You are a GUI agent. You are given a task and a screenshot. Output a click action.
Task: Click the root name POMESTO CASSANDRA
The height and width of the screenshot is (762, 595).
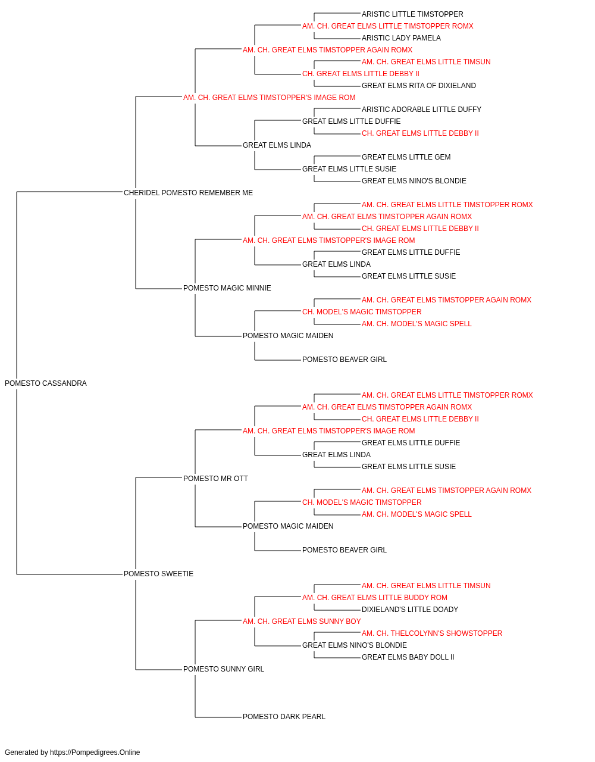46,383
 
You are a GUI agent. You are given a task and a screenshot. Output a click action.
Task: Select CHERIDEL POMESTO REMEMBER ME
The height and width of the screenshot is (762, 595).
188,193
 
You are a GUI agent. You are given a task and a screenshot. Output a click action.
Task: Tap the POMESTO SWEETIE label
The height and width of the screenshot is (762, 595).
158,574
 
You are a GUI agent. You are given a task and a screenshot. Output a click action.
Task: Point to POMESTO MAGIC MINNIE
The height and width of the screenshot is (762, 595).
227,288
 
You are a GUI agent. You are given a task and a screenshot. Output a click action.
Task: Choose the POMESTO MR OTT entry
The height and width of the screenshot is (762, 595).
215,479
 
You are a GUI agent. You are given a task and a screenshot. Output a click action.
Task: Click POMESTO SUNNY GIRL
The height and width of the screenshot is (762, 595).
224,669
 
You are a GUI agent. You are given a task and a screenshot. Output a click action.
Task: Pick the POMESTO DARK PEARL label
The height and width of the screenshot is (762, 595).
284,717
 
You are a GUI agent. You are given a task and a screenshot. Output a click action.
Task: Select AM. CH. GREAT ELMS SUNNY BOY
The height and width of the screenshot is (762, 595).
302,622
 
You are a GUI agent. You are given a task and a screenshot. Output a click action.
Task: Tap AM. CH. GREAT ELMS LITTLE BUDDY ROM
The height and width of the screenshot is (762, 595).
375,598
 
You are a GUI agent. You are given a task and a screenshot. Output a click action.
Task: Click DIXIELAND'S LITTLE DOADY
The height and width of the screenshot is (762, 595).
409,610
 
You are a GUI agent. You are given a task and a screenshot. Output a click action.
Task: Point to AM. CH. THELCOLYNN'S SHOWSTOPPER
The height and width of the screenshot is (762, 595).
432,633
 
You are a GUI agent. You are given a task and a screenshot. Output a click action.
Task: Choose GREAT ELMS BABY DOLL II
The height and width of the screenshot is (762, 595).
408,657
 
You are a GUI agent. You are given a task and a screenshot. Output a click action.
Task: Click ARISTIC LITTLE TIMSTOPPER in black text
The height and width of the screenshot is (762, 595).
412,14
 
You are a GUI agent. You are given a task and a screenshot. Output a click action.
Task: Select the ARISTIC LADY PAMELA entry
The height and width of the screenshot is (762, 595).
401,38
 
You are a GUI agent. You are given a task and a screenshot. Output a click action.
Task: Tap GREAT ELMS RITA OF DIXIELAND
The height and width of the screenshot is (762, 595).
419,86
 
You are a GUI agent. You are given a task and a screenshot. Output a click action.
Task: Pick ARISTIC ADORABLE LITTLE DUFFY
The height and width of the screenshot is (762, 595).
421,110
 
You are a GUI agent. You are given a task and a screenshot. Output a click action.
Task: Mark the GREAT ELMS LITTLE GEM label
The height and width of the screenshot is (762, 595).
406,157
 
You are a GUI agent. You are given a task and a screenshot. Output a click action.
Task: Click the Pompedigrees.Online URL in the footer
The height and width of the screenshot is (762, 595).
95,752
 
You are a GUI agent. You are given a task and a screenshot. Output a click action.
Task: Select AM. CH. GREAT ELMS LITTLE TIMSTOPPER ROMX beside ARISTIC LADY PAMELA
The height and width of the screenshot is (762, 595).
388,26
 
